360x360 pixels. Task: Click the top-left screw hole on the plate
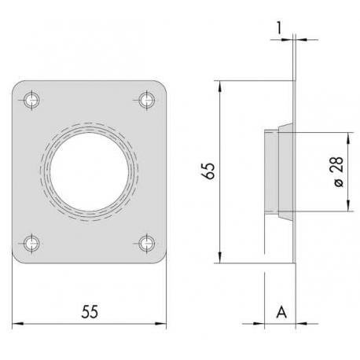coord(32,100)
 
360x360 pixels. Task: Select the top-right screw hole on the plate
coord(145,100)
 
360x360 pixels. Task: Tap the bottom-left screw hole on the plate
coord(32,242)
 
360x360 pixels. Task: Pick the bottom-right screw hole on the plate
coord(145,242)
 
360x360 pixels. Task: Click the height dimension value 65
coord(208,171)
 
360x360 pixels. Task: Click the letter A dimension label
coord(280,312)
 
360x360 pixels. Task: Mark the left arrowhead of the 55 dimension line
coord(17,323)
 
